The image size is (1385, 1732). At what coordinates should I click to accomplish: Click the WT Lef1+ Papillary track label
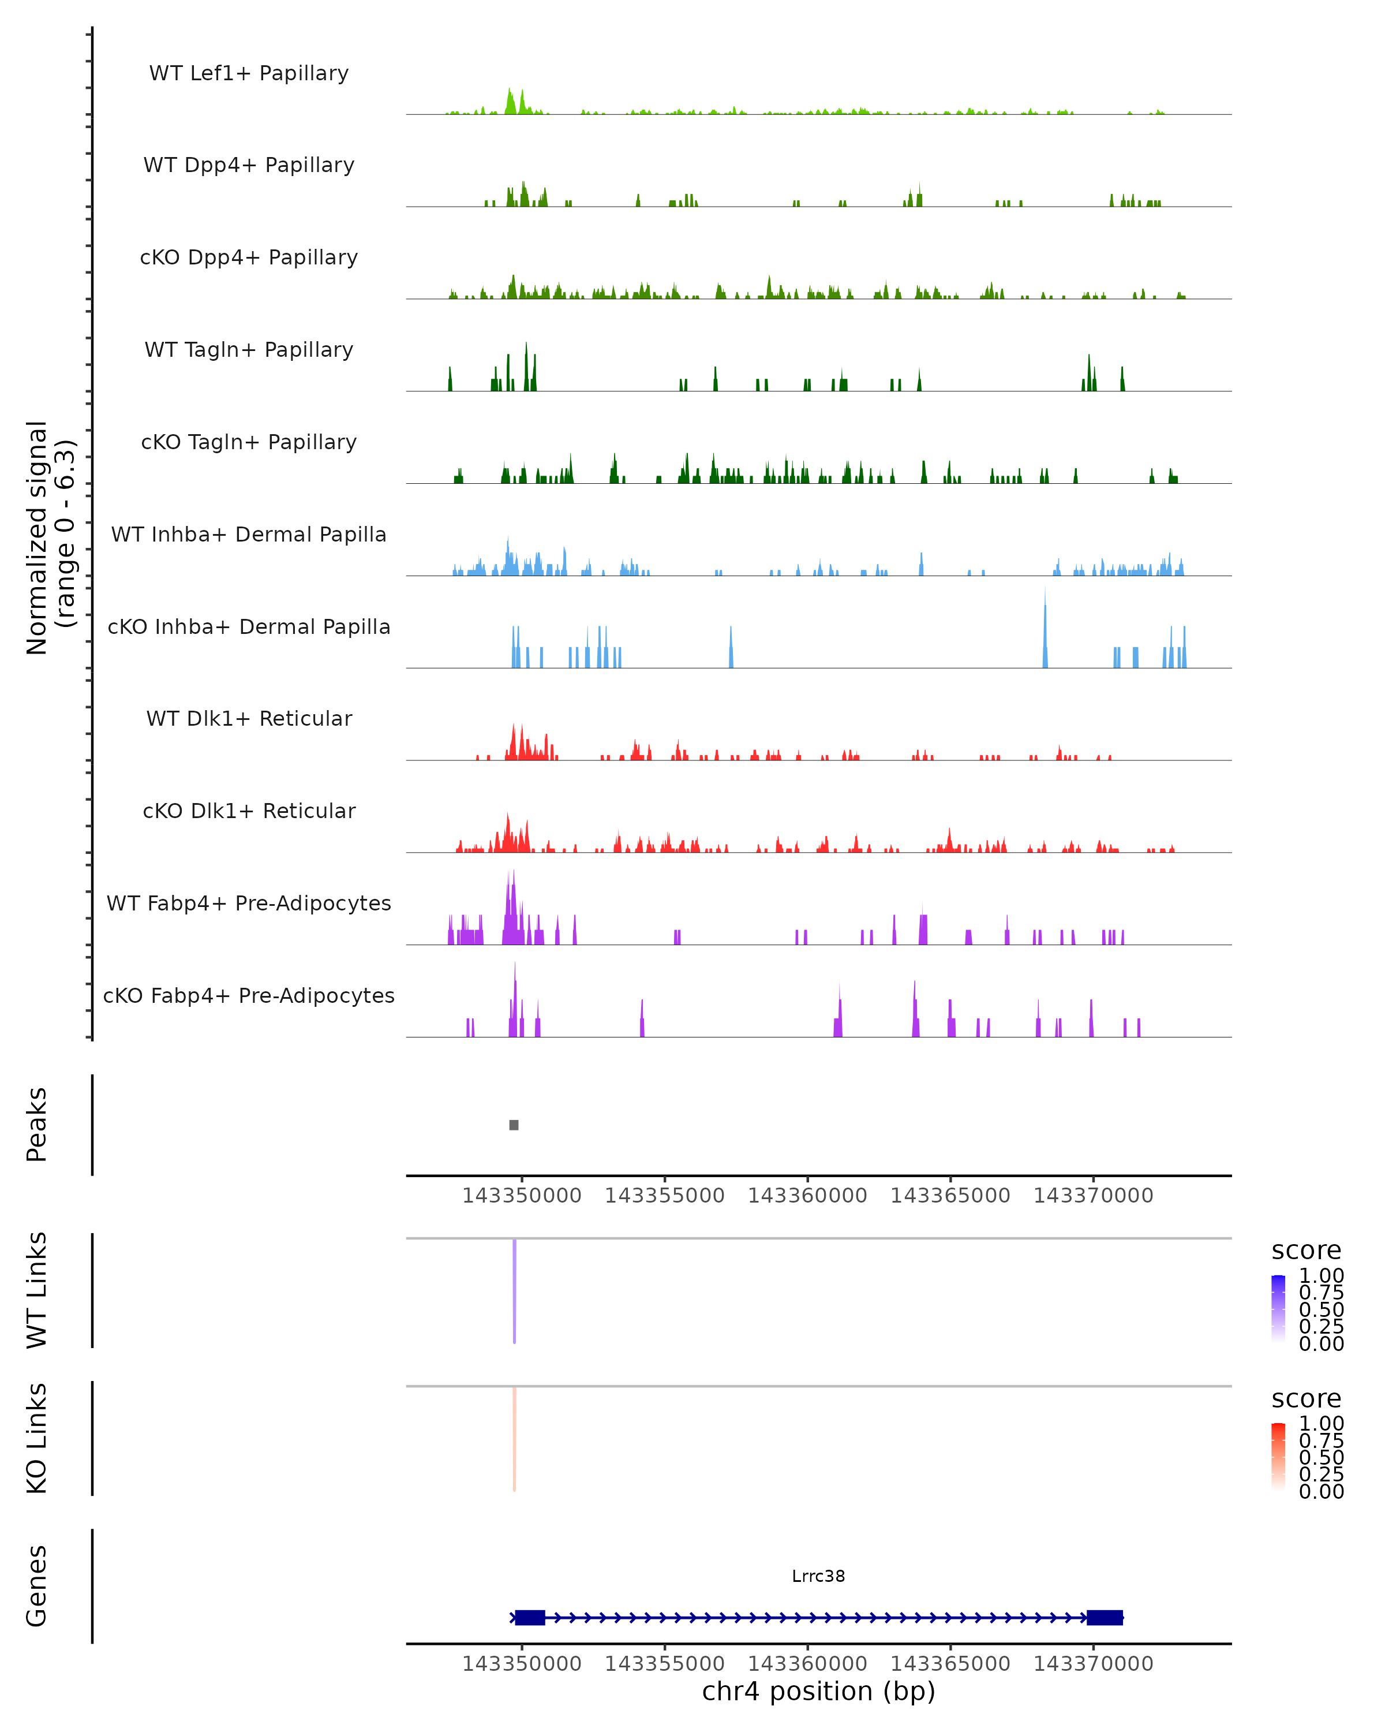tap(249, 74)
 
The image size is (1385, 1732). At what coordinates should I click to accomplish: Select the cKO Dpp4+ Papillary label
tap(249, 258)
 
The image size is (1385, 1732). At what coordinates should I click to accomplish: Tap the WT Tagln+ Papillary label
tap(249, 350)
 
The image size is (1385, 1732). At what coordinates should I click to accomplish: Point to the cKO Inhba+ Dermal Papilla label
tap(249, 628)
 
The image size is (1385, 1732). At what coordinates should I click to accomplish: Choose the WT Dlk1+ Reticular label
tap(249, 719)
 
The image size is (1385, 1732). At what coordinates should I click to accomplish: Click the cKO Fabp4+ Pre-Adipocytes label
tap(249, 996)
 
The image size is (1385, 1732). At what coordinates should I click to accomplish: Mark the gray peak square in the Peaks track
tap(514, 1125)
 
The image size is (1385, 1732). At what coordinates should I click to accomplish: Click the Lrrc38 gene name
tap(818, 1576)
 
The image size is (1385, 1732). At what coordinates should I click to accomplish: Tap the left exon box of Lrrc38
tap(530, 1618)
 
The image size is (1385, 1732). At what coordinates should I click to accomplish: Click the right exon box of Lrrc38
tap(1105, 1618)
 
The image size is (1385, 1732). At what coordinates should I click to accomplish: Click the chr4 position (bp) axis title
tap(818, 1692)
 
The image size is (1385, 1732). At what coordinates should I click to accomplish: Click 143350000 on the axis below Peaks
tap(522, 1196)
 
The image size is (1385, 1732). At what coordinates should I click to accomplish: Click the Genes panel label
tap(37, 1586)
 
